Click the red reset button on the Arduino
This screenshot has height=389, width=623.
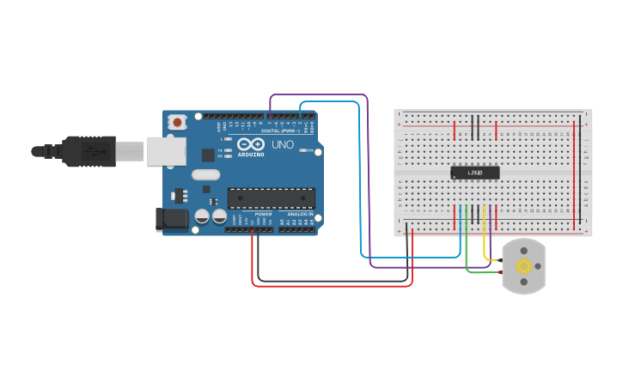(x=177, y=122)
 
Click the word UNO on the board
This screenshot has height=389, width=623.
(x=283, y=145)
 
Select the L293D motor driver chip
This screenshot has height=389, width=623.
(x=474, y=173)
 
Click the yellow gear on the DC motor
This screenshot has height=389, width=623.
(x=523, y=266)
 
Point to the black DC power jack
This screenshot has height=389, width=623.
(x=173, y=219)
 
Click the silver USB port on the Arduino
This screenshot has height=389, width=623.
(x=166, y=151)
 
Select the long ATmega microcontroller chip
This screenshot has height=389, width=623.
(x=271, y=198)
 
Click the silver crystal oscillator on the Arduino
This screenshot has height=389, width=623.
(x=206, y=174)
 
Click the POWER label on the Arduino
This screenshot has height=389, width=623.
(x=263, y=215)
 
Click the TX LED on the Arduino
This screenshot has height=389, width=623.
(x=229, y=150)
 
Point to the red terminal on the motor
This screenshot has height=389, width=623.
(x=500, y=272)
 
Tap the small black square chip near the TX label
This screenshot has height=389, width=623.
(x=207, y=155)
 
